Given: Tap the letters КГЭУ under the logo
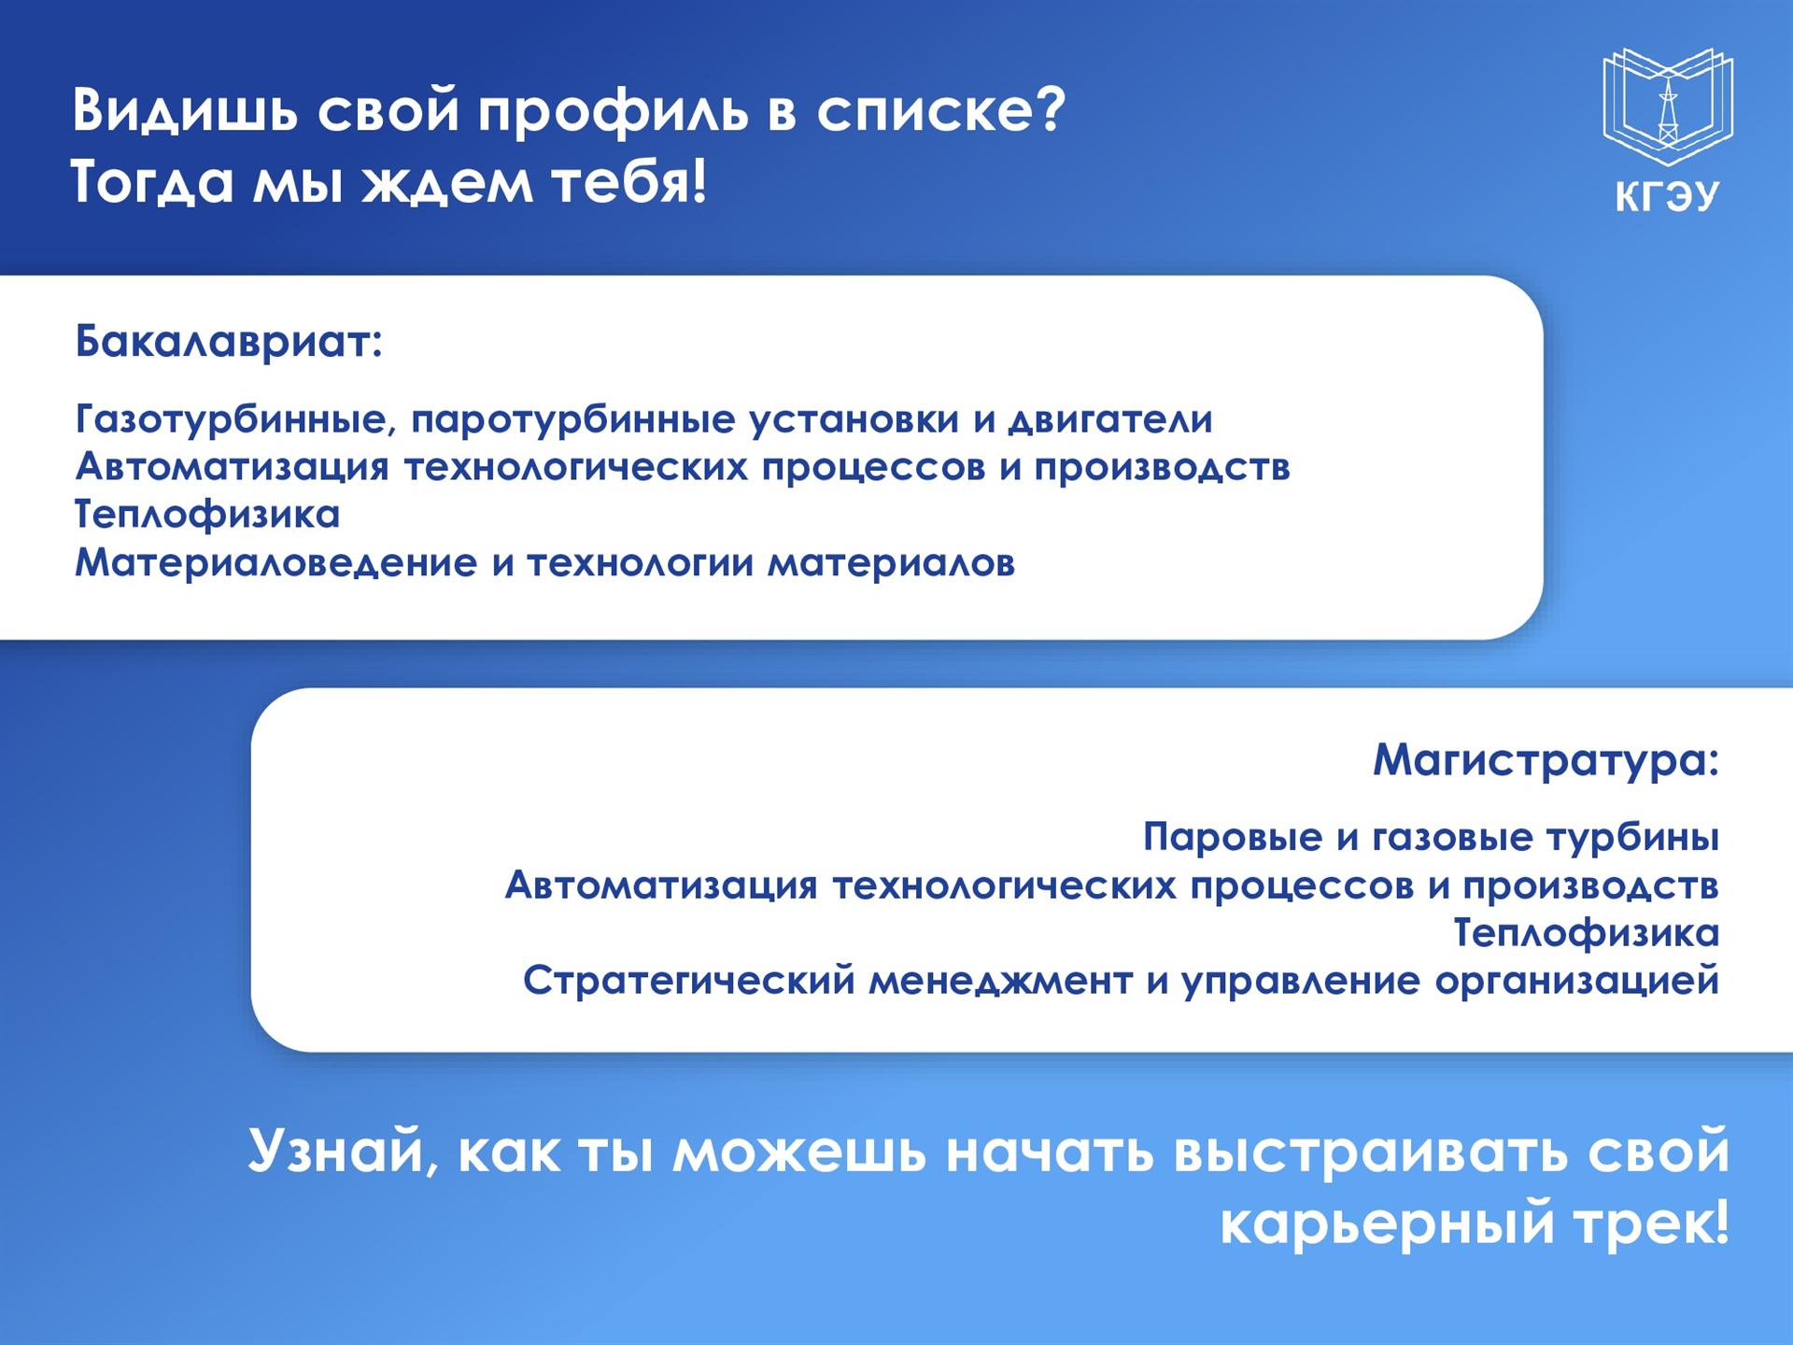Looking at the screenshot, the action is (1668, 197).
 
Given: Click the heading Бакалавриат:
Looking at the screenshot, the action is (229, 342).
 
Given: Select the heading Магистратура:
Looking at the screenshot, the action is (1546, 759).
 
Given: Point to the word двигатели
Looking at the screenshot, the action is (1110, 420).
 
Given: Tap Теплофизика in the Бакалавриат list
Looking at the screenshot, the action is (207, 515).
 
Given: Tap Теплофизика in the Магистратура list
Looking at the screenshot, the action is (1586, 933).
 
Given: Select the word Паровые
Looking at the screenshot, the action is (1233, 837).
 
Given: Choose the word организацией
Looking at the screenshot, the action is (1577, 982).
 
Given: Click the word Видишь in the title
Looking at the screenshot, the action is (187, 109).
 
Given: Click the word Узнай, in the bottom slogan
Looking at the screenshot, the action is (344, 1151).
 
